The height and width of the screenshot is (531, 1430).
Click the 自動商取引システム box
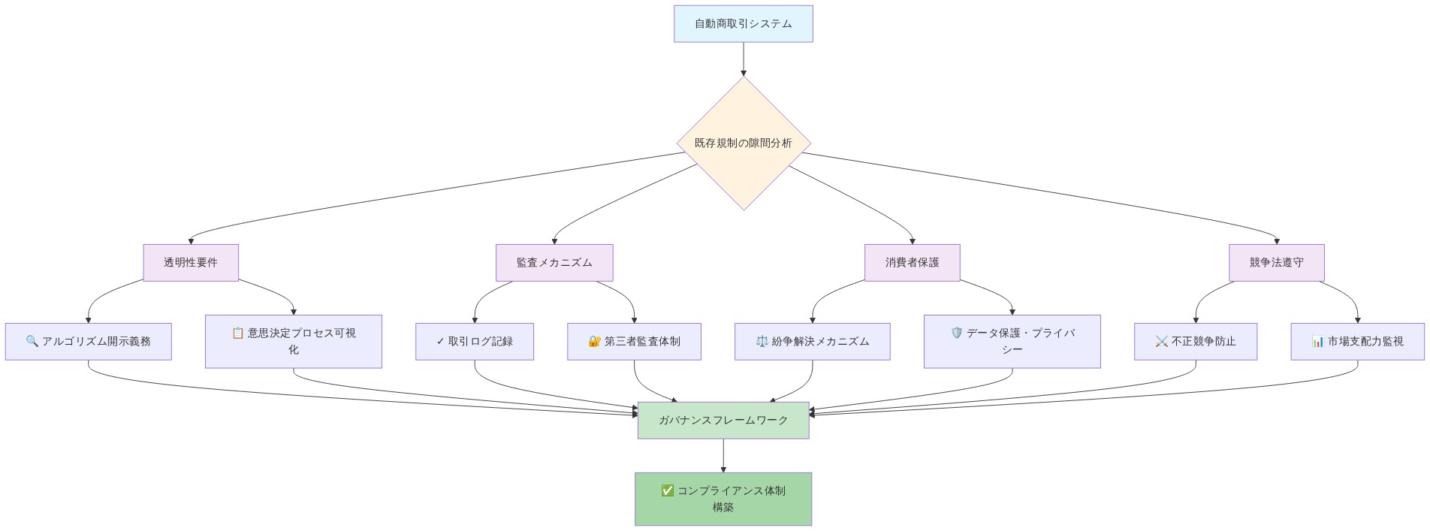[743, 24]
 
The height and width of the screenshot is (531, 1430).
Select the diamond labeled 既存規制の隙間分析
[743, 143]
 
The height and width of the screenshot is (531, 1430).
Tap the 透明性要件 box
[191, 263]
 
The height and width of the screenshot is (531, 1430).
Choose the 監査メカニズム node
[554, 263]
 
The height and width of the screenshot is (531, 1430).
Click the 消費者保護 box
[912, 263]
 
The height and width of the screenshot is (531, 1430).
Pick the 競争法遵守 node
[1276, 263]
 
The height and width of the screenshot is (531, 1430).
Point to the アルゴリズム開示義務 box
[88, 342]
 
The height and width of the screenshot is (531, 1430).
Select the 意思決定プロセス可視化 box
[294, 342]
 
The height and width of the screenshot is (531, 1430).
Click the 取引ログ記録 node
[475, 342]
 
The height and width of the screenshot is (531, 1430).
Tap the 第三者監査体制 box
[634, 342]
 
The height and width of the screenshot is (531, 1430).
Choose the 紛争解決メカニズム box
[812, 342]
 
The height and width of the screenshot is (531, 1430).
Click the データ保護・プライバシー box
[1012, 342]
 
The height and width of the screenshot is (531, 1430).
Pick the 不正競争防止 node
[1195, 342]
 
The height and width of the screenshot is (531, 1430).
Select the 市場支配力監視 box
[1357, 342]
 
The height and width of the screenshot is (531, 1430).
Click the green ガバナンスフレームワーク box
[723, 421]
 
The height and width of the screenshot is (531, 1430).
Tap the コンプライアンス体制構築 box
[723, 499]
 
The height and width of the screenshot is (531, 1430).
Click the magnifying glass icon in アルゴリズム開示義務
[32, 341]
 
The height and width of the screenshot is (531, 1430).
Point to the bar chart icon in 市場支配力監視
[1317, 341]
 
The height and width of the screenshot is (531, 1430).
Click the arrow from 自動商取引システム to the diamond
[743, 59]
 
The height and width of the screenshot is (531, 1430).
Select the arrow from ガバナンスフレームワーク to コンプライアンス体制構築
[723, 455]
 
